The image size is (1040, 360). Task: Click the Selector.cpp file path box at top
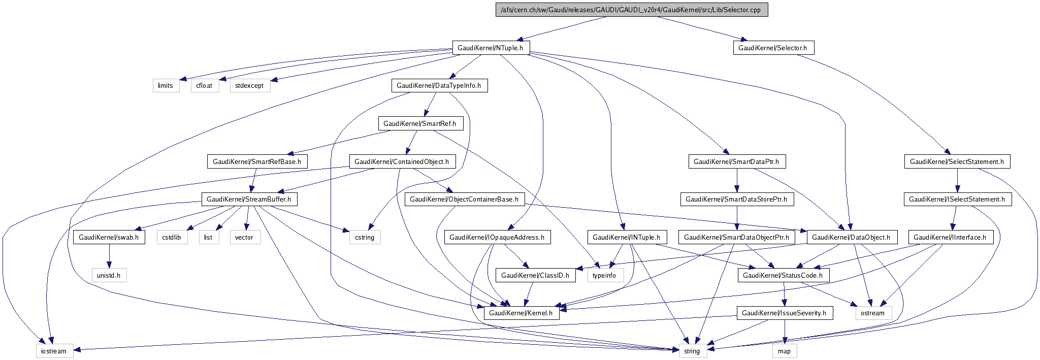631,10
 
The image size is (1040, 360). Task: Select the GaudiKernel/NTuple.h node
491,48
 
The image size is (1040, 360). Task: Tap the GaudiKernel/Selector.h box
772,48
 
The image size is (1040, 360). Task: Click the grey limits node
165,85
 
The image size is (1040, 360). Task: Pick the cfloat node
205,85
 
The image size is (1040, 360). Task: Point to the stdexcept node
249,85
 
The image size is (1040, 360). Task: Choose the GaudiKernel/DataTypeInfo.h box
439,85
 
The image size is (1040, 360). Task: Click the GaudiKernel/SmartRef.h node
420,123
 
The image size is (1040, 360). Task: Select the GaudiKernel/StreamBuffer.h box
249,200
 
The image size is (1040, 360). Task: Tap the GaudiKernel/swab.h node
109,237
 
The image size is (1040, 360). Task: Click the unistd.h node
109,275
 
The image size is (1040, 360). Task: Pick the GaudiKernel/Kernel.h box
521,313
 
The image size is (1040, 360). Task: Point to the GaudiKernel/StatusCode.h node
783,275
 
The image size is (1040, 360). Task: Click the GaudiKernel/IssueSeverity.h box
784,313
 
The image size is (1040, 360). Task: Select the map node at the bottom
784,351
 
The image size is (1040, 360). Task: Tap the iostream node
54,351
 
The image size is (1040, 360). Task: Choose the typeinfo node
604,275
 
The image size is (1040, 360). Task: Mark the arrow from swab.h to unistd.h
109,256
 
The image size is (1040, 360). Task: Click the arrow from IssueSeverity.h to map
784,332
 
